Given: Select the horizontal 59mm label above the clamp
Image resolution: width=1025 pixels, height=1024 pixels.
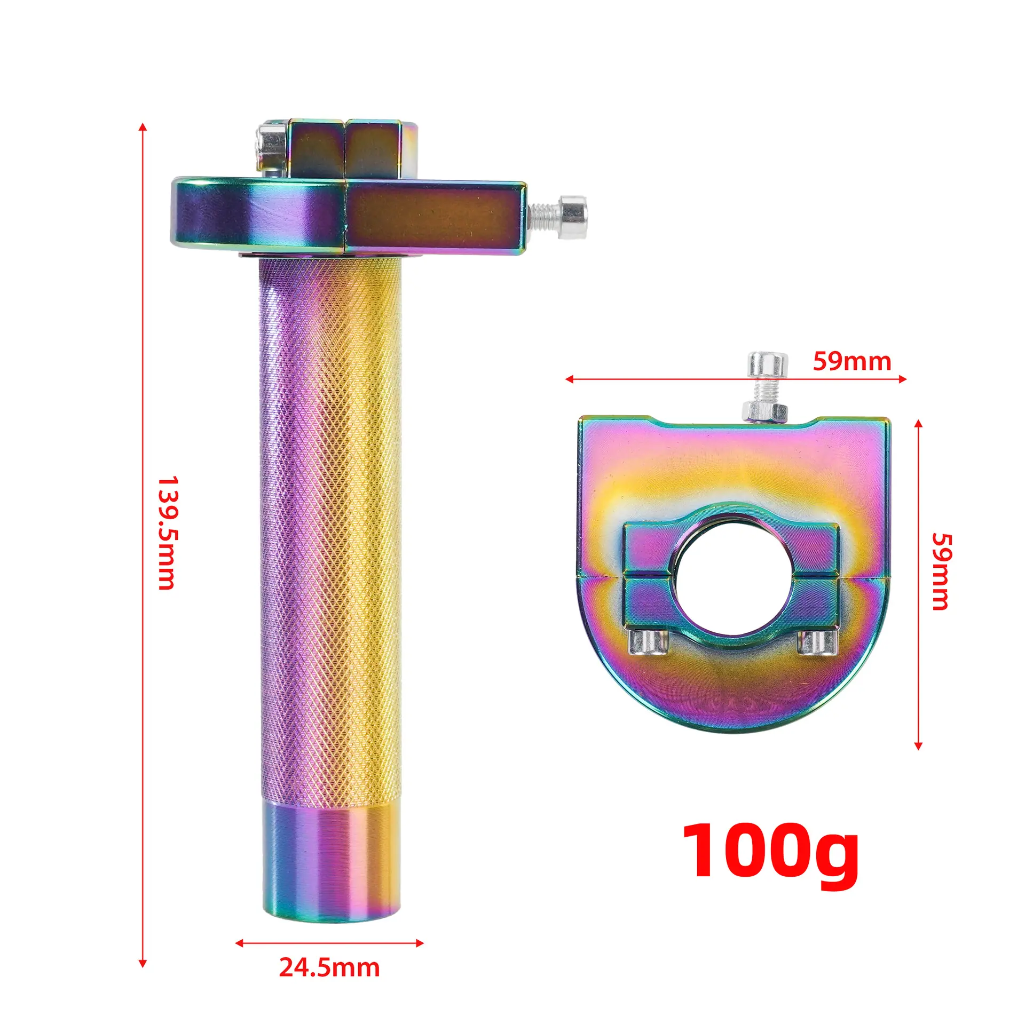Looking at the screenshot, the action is point(852,362).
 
